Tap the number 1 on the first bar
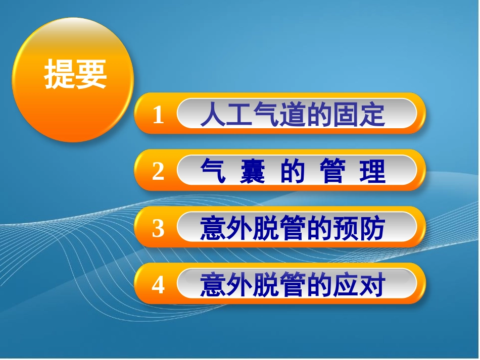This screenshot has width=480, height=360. pyautogui.click(x=158, y=116)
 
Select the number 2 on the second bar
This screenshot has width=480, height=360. pyautogui.click(x=158, y=172)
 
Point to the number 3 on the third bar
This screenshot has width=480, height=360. pyautogui.click(x=158, y=229)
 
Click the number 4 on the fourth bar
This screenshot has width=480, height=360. pyautogui.click(x=158, y=286)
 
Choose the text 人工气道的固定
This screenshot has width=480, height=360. pyautogui.click(x=293, y=115)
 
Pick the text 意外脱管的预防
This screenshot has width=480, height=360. pyautogui.click(x=293, y=229)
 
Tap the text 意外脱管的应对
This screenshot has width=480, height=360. pyautogui.click(x=293, y=286)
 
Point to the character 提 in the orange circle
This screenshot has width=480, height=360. pyautogui.click(x=60, y=75)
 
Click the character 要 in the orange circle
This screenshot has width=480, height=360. pyautogui.click(x=91, y=75)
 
